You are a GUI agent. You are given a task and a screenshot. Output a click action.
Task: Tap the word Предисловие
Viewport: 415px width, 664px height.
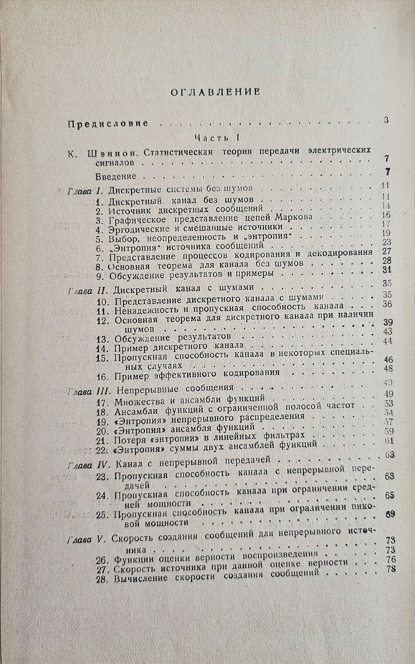tap(108, 124)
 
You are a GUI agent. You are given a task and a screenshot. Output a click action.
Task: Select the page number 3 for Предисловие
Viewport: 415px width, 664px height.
tap(386, 120)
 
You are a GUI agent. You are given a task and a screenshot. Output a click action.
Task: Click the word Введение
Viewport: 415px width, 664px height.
tap(116, 176)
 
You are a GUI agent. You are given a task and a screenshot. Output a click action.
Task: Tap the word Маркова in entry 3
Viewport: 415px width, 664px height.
tap(293, 217)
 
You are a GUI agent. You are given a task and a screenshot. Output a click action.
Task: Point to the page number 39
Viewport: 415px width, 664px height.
tap(388, 322)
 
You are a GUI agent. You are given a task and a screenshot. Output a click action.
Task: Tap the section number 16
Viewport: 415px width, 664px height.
tap(103, 377)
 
